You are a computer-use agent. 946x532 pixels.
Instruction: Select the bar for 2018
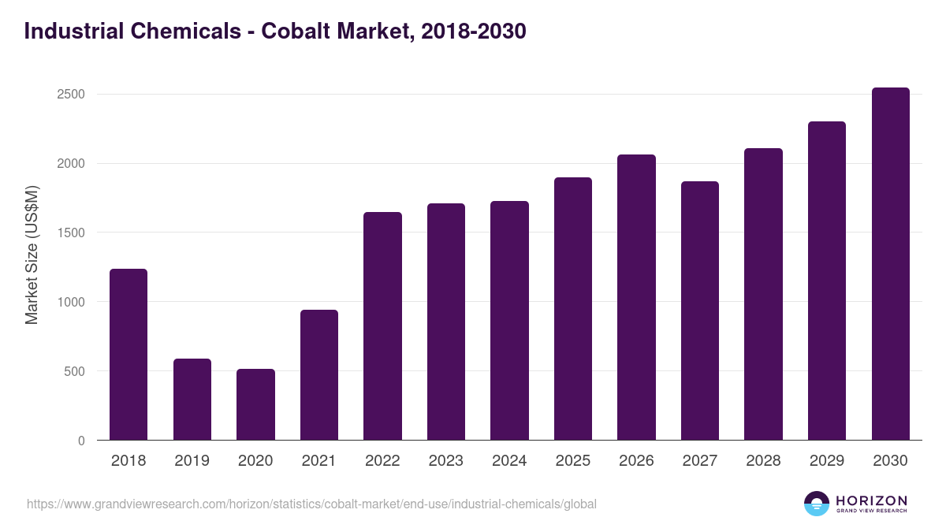coord(128,355)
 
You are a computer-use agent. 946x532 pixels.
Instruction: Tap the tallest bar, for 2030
coord(890,264)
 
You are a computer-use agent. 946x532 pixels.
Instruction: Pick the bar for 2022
coord(382,326)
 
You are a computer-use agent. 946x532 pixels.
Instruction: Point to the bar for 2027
coord(699,311)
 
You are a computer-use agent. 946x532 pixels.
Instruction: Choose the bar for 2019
coord(192,400)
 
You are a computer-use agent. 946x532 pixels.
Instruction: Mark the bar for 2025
coord(572,309)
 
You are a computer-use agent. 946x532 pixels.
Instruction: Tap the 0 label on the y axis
coord(81,441)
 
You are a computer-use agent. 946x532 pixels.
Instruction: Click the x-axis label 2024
coord(509,461)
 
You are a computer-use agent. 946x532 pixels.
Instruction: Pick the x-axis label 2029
coord(827,461)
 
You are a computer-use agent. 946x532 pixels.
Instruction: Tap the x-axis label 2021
coord(319,461)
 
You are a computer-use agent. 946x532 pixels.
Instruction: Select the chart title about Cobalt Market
coord(275,32)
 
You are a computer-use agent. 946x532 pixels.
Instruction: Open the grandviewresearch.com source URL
coord(311,504)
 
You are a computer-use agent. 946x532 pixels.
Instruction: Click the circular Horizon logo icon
coord(817,504)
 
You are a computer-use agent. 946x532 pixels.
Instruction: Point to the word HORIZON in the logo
coord(871,500)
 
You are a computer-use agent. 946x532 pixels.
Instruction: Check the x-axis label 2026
coord(636,461)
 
